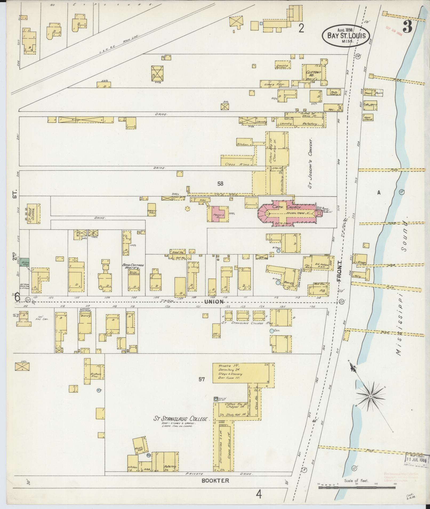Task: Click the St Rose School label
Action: [x=33, y=214]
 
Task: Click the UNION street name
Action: [x=214, y=302]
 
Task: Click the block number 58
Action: [x=220, y=183]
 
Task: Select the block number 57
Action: [x=202, y=379]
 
